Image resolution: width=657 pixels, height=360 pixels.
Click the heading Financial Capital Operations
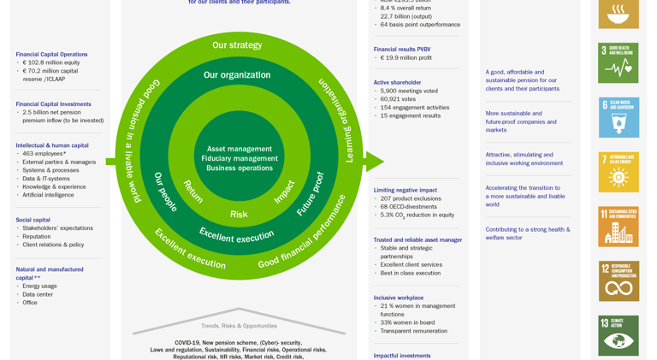click(51, 54)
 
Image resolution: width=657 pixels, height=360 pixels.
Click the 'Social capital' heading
click(33, 220)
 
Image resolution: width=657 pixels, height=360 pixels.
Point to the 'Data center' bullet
click(38, 294)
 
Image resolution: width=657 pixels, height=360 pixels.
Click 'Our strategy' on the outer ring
click(237, 45)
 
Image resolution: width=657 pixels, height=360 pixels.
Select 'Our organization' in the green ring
click(237, 75)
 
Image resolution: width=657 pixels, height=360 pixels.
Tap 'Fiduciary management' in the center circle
click(240, 158)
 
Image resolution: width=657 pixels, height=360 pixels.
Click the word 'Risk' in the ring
click(239, 215)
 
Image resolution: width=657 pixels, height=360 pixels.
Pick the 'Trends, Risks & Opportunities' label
click(239, 326)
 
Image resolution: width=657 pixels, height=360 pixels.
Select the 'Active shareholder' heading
click(397, 83)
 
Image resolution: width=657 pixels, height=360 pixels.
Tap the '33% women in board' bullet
click(407, 322)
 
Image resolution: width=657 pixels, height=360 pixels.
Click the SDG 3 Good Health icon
click(618, 63)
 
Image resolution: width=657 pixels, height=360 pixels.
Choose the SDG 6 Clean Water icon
click(618, 118)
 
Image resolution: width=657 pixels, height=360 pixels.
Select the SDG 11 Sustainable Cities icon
click(618, 227)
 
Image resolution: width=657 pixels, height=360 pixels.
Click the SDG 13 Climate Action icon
click(618, 335)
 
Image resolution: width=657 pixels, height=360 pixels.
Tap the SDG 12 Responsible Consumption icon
click(618, 281)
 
